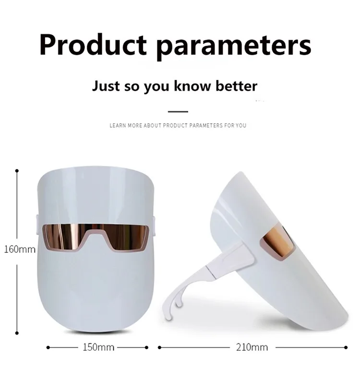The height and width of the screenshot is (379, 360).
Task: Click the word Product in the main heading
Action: pyautogui.click(x=93, y=45)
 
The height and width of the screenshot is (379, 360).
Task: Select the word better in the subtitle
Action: pyautogui.click(x=236, y=86)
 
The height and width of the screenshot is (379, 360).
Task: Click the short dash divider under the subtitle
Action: pyautogui.click(x=178, y=112)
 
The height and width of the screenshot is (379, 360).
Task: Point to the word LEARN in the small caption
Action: pyautogui.click(x=118, y=125)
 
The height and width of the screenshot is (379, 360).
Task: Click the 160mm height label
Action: pyautogui.click(x=20, y=249)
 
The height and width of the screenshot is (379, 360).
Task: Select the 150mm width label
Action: pyautogui.click(x=98, y=347)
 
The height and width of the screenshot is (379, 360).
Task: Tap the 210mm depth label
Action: pyautogui.click(x=252, y=347)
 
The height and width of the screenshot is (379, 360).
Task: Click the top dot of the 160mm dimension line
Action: pyautogui.click(x=17, y=171)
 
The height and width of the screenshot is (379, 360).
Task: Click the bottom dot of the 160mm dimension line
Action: pyautogui.click(x=17, y=333)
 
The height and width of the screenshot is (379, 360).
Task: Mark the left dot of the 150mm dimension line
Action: pyautogui.click(x=48, y=348)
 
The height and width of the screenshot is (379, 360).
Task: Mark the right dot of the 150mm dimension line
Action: pyautogui.click(x=146, y=348)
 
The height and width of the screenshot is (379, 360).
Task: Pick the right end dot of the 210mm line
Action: pyautogui.click(x=346, y=348)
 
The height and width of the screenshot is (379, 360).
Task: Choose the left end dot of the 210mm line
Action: pyautogui.click(x=159, y=348)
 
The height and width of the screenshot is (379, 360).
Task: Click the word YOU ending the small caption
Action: pyautogui.click(x=241, y=125)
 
